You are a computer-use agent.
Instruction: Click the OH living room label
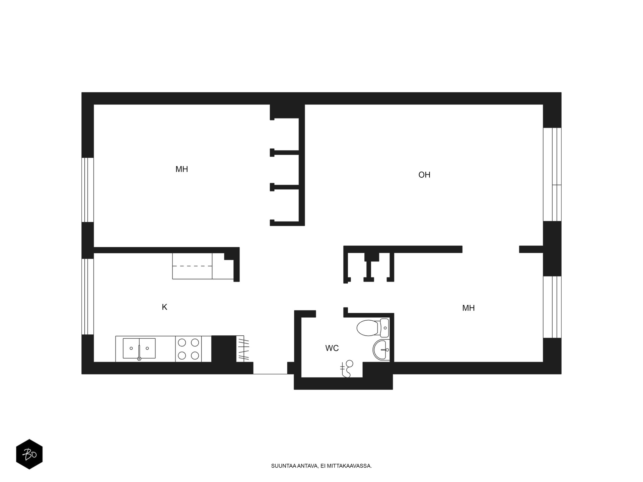[424, 175]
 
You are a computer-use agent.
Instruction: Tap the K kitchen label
[164, 307]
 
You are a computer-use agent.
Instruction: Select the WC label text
[332, 348]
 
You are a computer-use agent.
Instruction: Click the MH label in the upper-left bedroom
[182, 169]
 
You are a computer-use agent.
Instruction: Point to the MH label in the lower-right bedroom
[468, 308]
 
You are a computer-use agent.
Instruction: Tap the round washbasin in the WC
[380, 350]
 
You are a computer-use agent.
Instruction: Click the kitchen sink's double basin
[139, 348]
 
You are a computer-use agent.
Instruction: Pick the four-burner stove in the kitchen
[188, 349]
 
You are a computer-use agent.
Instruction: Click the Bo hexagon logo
[29, 454]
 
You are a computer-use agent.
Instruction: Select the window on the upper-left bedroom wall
[87, 190]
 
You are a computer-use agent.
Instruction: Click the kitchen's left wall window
[87, 296]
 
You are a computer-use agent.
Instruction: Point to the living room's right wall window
[552, 174]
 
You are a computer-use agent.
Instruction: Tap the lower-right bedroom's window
[552, 307]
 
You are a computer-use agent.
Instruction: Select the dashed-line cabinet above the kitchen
[192, 266]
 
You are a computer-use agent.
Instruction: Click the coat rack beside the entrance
[243, 349]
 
